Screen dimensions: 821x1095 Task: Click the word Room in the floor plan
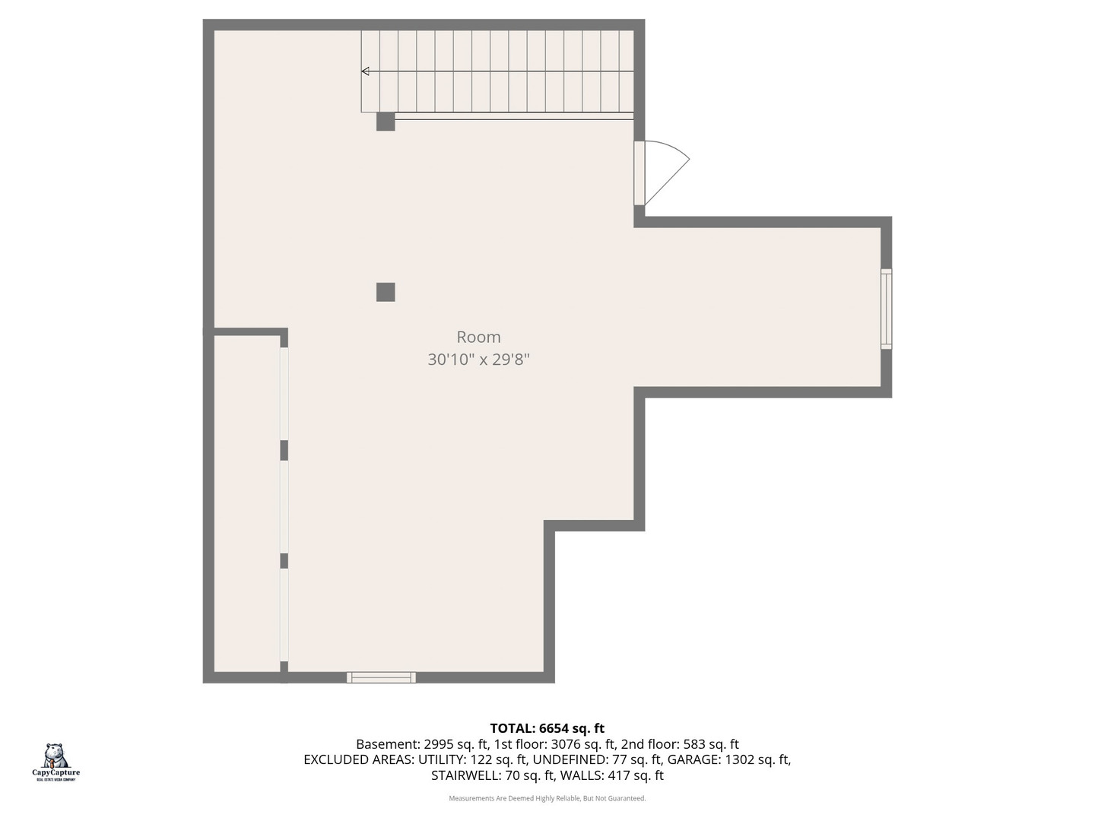[478, 337]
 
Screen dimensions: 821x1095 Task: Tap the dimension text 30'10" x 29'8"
[478, 359]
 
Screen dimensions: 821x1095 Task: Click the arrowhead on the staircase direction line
[366, 71]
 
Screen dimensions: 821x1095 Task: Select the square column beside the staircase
[386, 122]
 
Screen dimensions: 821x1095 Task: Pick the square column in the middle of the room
[386, 292]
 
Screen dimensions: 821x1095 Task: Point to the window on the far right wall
[886, 309]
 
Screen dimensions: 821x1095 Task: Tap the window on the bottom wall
[381, 677]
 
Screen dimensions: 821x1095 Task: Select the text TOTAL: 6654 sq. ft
[547, 728]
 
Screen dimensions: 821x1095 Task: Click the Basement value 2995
[439, 744]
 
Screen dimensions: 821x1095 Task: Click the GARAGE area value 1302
[742, 759]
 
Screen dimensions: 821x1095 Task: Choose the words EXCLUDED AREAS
[358, 759]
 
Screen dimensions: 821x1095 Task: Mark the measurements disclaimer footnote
[547, 798]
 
